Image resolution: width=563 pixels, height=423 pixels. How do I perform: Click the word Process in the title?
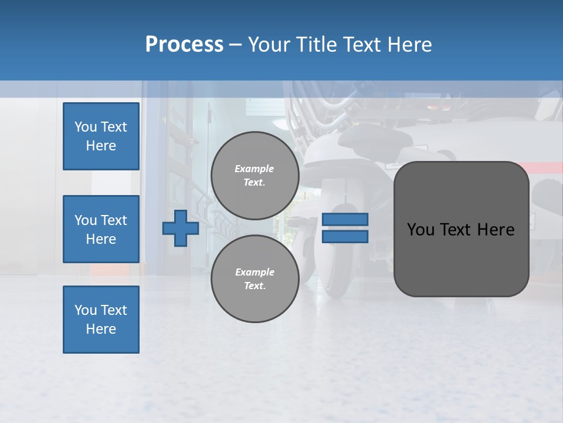pyautogui.click(x=184, y=45)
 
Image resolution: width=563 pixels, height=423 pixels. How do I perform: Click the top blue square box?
pyautogui.click(x=101, y=136)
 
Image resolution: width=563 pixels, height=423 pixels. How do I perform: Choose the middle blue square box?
pyautogui.click(x=101, y=229)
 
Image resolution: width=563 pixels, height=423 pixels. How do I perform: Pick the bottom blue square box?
pyautogui.click(x=101, y=320)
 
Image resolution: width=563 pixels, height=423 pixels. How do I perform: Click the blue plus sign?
pyautogui.click(x=181, y=228)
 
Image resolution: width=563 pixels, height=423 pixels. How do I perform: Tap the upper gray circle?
pyautogui.click(x=255, y=176)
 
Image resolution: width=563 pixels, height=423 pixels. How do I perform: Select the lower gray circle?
pyautogui.click(x=255, y=279)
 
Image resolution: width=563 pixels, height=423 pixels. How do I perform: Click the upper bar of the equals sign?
pyautogui.click(x=345, y=220)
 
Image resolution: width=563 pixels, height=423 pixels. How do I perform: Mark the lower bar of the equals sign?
pyautogui.click(x=345, y=237)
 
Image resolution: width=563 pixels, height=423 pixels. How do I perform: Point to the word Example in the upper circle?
pyautogui.click(x=255, y=169)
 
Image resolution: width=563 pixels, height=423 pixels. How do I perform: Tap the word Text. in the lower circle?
pyautogui.click(x=255, y=286)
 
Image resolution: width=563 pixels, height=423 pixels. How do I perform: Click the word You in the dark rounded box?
pyautogui.click(x=420, y=230)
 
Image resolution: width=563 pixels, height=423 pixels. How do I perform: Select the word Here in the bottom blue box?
pyautogui.click(x=101, y=329)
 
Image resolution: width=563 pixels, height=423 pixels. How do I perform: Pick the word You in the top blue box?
pyautogui.click(x=86, y=127)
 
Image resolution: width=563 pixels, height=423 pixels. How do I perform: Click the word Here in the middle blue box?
pyautogui.click(x=101, y=239)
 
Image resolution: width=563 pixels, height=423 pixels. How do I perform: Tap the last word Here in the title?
pyautogui.click(x=408, y=45)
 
